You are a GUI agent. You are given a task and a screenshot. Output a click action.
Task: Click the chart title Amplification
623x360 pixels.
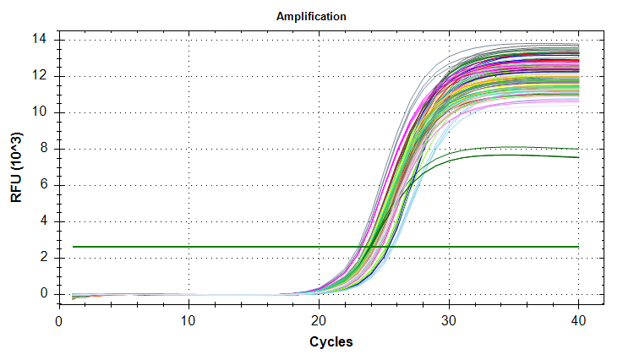coord(311,16)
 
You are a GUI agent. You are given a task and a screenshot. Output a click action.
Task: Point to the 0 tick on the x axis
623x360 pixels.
coord(59,322)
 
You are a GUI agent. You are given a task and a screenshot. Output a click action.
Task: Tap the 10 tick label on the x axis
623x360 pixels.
coord(189,322)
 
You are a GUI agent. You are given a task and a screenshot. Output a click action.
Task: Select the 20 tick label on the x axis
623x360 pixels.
coord(319,322)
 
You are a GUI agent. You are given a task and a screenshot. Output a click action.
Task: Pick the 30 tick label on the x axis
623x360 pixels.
coord(449,322)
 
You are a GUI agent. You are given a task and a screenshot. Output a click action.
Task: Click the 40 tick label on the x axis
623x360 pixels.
coord(578,322)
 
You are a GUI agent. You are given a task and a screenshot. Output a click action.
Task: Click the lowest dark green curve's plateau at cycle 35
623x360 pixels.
coord(513,155)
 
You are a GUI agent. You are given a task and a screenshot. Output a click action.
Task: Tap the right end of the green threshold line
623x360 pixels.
coord(577,247)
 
